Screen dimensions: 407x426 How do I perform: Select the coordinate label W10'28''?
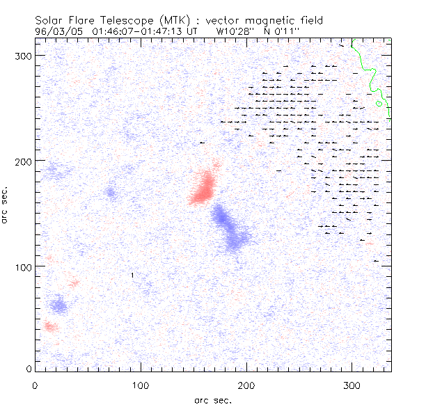pyautogui.click(x=233, y=31)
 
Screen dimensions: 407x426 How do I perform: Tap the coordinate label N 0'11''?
pyautogui.click(x=276, y=31)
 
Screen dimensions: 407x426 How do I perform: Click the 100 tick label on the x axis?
pyautogui.click(x=141, y=384)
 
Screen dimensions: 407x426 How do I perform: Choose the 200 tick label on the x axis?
pyautogui.click(x=246, y=384)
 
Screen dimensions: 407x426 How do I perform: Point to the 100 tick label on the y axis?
pyautogui.click(x=24, y=266)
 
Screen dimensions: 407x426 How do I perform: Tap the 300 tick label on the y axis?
pyautogui.click(x=24, y=55)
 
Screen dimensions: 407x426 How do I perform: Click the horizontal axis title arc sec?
pyautogui.click(x=212, y=400)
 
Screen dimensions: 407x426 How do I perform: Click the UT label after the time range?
pyautogui.click(x=193, y=31)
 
